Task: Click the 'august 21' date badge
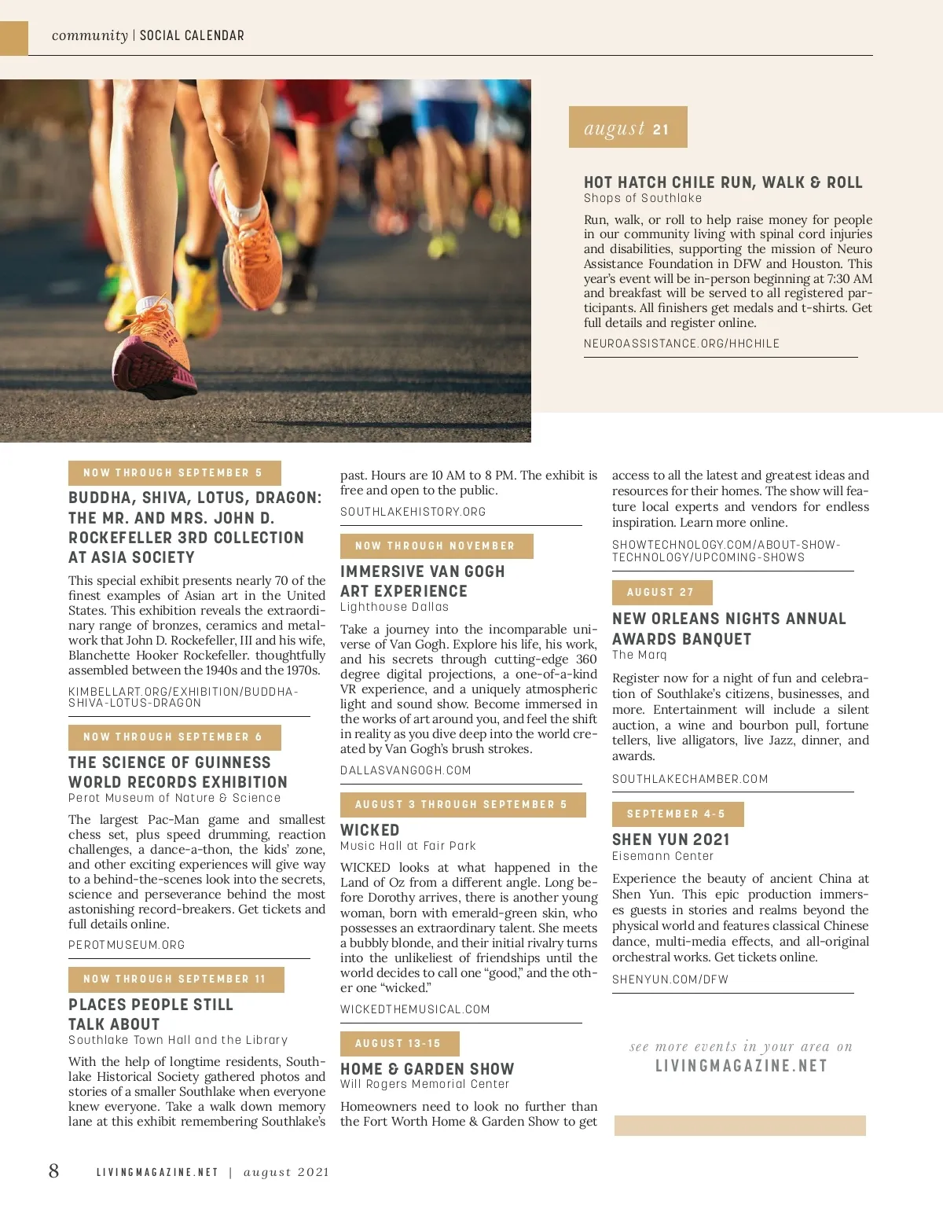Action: tap(627, 127)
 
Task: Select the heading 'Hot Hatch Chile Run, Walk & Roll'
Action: tap(723, 182)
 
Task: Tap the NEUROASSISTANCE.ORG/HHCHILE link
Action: tap(681, 344)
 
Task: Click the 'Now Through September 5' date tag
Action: tap(174, 473)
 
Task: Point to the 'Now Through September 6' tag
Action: tap(174, 737)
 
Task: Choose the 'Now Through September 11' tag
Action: tap(175, 979)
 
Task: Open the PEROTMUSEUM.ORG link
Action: tap(127, 945)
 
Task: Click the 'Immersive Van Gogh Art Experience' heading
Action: tap(422, 581)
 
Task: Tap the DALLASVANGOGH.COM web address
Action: tap(405, 770)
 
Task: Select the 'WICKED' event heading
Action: tap(370, 830)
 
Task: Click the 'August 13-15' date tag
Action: tap(398, 1044)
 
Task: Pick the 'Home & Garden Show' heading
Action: tap(427, 1069)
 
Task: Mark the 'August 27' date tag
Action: tap(662, 593)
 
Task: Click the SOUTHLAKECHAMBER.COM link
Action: tap(690, 779)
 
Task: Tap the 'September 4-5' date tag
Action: tap(677, 814)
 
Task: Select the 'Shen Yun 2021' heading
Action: tap(671, 840)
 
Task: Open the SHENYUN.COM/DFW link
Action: tap(670, 979)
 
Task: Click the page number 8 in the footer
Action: tap(53, 1171)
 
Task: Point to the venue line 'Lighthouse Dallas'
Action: tap(394, 607)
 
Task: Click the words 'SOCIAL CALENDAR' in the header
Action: tap(192, 35)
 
